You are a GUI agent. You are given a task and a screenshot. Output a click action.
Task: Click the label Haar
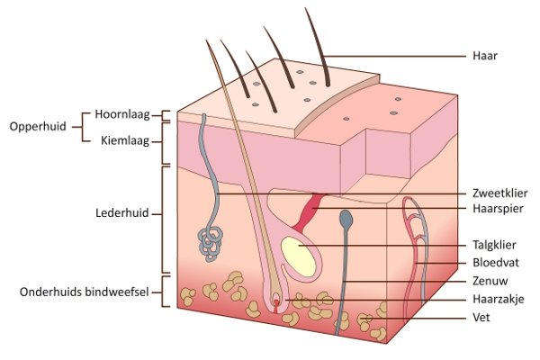coord(485,56)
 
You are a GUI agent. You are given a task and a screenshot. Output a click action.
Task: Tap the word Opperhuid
coord(38,126)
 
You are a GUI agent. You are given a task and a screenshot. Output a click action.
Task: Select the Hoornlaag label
coord(122,114)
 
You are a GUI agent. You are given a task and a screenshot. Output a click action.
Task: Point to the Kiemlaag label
coord(125,141)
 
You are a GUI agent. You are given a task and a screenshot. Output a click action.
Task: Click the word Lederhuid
coord(122,213)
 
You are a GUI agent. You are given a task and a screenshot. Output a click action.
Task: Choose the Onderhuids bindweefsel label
coord(85,292)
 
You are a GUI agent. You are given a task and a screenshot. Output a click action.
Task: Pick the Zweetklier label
coord(500,193)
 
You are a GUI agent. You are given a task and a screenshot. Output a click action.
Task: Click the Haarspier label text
coord(498,209)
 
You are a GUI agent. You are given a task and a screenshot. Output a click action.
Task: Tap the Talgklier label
coord(494,245)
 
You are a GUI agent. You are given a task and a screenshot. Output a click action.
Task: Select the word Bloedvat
coord(496,263)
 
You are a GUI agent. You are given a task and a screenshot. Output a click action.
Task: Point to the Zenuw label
coord(490,281)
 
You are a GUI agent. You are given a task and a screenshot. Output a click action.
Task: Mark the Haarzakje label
coord(499,299)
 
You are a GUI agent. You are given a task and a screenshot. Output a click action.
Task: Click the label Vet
coord(481,317)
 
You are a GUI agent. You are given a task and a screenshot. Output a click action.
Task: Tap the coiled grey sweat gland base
coord(210,244)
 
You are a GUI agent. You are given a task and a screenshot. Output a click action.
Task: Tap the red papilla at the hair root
coord(276,305)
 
